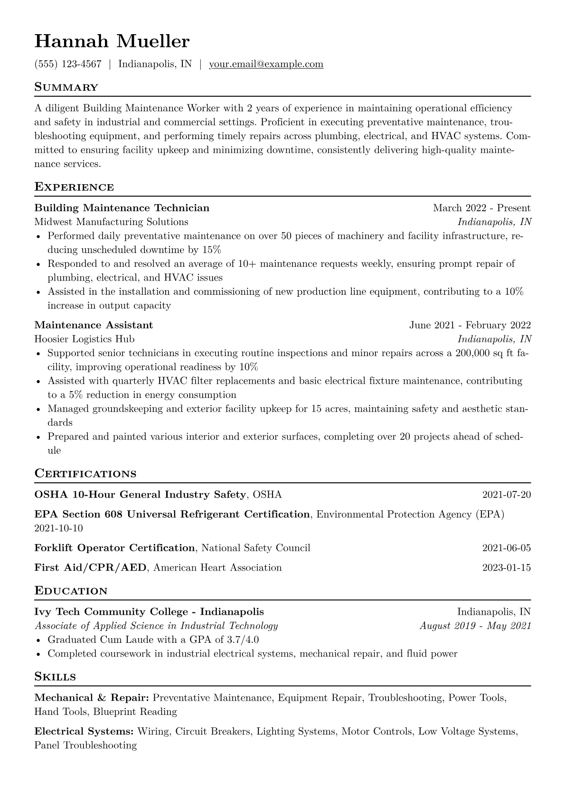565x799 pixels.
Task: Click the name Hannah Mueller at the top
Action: point(112,42)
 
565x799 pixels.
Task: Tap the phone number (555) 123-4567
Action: point(68,64)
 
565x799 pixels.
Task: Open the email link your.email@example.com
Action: point(266,64)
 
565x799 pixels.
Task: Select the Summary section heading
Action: point(66,87)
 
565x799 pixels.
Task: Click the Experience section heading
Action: point(74,187)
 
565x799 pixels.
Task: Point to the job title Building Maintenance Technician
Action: point(122,208)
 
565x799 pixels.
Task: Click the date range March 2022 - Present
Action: point(481,208)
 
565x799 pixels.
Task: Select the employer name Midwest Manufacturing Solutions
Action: point(111,222)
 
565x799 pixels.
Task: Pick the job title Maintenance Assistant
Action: point(94,325)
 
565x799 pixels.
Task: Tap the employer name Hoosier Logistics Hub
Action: point(85,339)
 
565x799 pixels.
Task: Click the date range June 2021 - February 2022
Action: point(470,325)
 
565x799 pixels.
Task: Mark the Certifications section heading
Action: point(85,474)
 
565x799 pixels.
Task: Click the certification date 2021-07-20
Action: point(506,495)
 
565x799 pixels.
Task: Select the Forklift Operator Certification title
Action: point(114,548)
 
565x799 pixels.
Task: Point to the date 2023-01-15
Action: point(506,567)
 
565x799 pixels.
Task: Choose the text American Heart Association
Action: point(217,567)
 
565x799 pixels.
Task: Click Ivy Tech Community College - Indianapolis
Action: point(149,612)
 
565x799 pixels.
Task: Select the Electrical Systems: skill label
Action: point(84,732)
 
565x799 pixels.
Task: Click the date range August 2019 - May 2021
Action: point(475,626)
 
